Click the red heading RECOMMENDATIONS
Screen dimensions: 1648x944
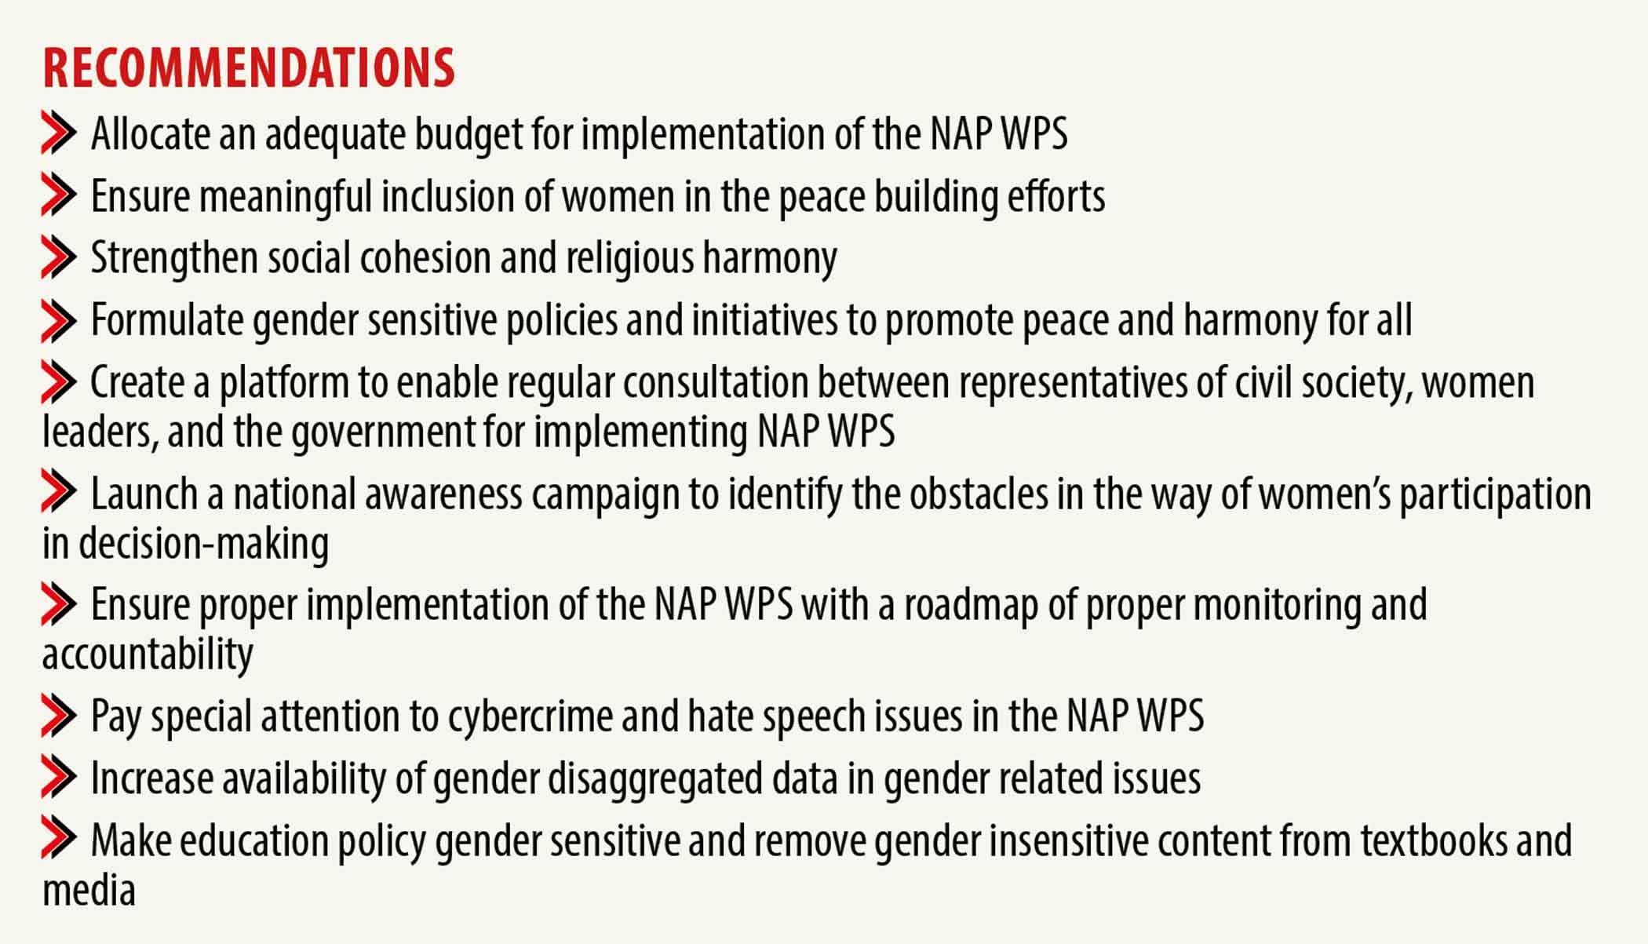point(249,67)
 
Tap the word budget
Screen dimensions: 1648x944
point(468,135)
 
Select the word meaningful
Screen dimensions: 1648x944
point(286,197)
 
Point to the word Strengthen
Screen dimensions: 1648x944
point(174,259)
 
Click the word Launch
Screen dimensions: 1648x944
point(144,494)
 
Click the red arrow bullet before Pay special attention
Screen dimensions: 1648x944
point(59,716)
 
